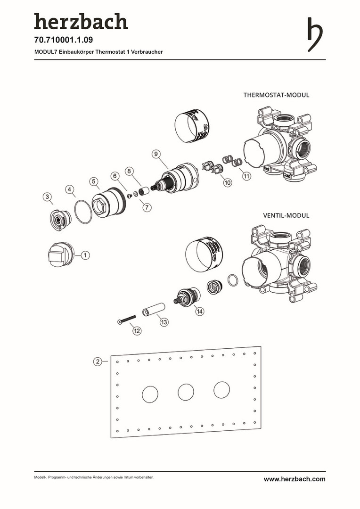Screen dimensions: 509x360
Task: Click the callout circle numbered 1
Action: [85, 255]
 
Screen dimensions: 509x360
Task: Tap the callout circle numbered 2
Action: [97, 361]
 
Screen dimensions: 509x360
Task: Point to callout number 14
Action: [200, 312]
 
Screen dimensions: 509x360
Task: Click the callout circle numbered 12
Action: [137, 331]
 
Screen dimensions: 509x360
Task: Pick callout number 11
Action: [246, 176]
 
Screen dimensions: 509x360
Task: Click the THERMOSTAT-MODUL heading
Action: [276, 95]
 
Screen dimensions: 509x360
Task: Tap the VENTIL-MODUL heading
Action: [286, 215]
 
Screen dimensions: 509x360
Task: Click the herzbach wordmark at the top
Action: [81, 22]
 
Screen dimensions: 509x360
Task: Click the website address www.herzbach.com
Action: [295, 479]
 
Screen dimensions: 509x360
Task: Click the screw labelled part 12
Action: [126, 320]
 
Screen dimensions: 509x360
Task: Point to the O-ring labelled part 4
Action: [83, 213]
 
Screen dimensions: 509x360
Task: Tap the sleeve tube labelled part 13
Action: [153, 310]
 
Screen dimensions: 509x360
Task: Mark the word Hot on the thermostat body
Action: [266, 168]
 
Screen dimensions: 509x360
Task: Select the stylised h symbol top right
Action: [315, 34]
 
